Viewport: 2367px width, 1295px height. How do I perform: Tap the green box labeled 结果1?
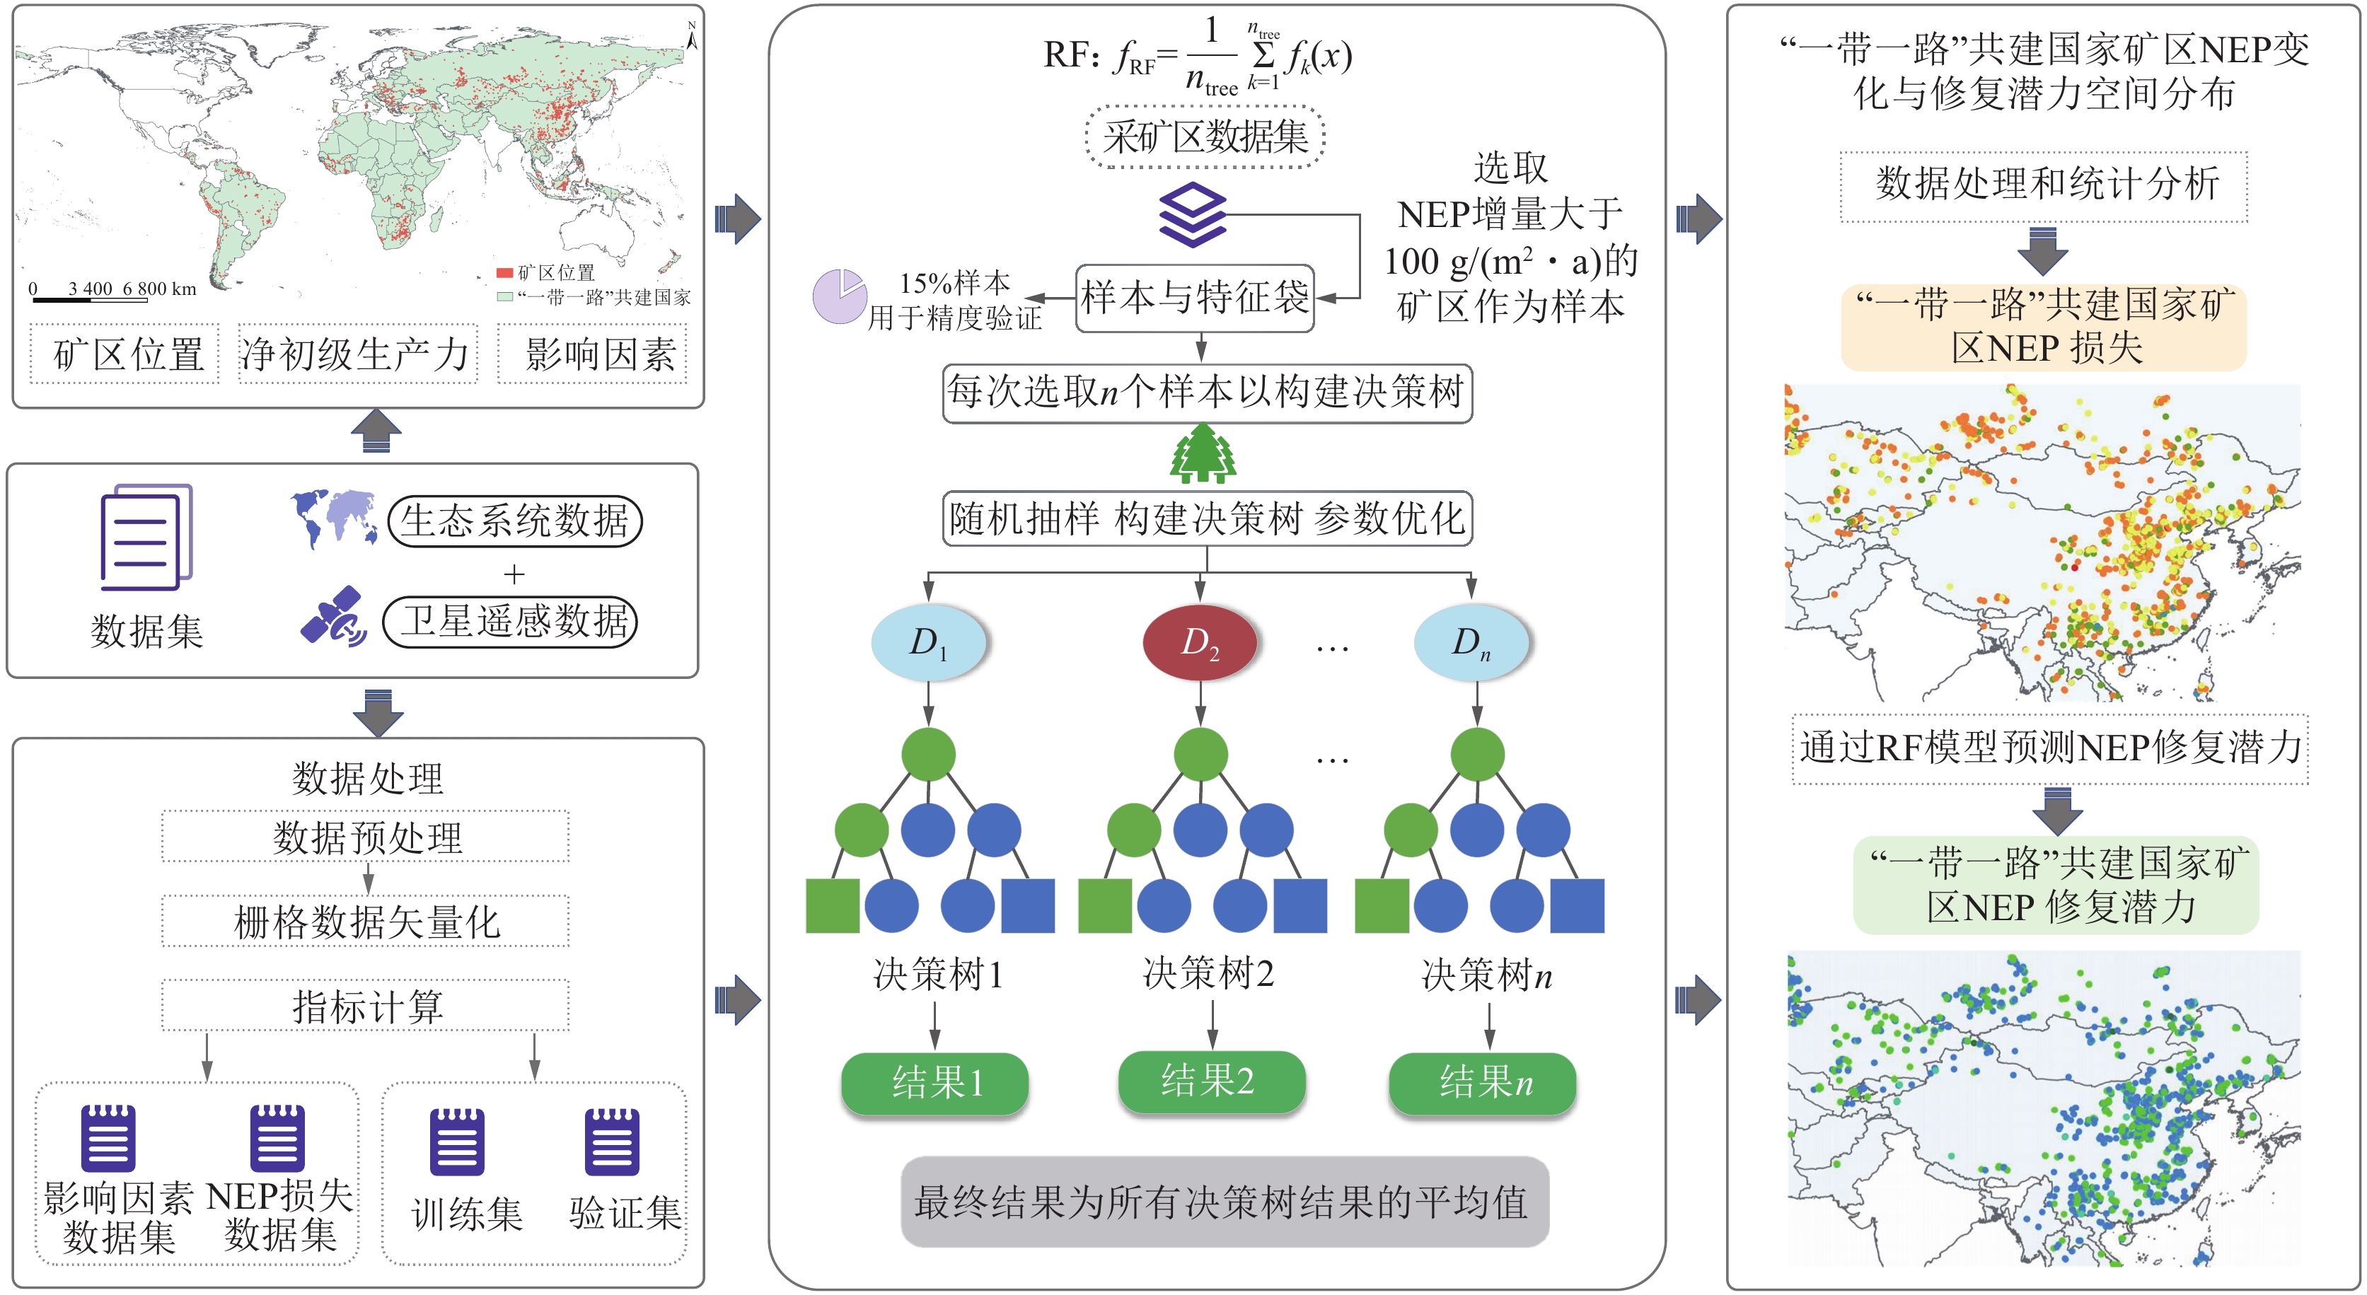tap(934, 1083)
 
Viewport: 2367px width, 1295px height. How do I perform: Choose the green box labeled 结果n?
tap(1482, 1083)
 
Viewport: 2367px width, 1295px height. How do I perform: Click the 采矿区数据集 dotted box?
tap(1205, 138)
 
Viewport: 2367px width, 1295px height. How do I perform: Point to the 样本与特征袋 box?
tap(1195, 298)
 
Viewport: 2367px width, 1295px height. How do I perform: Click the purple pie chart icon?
tap(838, 296)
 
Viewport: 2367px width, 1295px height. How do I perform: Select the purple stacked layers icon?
tap(1192, 215)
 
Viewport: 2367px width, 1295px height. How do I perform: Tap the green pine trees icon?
tap(1202, 453)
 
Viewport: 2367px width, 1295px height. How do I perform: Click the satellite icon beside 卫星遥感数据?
tap(334, 617)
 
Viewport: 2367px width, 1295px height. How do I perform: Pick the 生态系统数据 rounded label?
tap(514, 521)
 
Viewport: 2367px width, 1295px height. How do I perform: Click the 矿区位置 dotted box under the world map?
tap(125, 354)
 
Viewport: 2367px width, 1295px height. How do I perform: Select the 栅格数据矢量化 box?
tap(366, 921)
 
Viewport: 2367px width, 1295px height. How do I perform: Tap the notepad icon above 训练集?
tap(457, 1142)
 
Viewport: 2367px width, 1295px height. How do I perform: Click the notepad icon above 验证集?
tap(612, 1142)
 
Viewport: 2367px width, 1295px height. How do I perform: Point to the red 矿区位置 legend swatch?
tap(504, 273)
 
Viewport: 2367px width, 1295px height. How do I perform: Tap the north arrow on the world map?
tap(692, 36)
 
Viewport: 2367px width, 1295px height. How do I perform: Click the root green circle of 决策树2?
tap(1200, 754)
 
